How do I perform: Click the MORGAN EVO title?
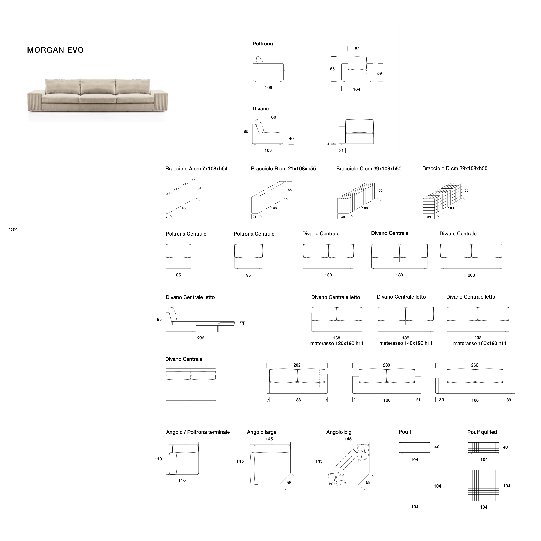tap(55, 50)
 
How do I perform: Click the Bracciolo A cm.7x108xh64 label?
tap(196, 169)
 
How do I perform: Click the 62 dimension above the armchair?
tap(357, 49)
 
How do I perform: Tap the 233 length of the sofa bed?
tap(201, 338)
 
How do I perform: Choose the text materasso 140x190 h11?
tap(406, 343)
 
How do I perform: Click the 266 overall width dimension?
tap(475, 365)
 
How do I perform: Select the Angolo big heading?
tap(339, 432)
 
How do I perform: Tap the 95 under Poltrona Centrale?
tap(248, 275)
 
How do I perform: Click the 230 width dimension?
tap(386, 365)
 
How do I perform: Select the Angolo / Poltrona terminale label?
tap(198, 432)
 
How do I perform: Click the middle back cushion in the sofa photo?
tap(98, 87)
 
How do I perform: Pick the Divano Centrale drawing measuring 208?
tap(471, 256)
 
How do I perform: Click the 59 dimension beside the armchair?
tap(380, 74)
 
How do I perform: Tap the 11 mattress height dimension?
tap(242, 324)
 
